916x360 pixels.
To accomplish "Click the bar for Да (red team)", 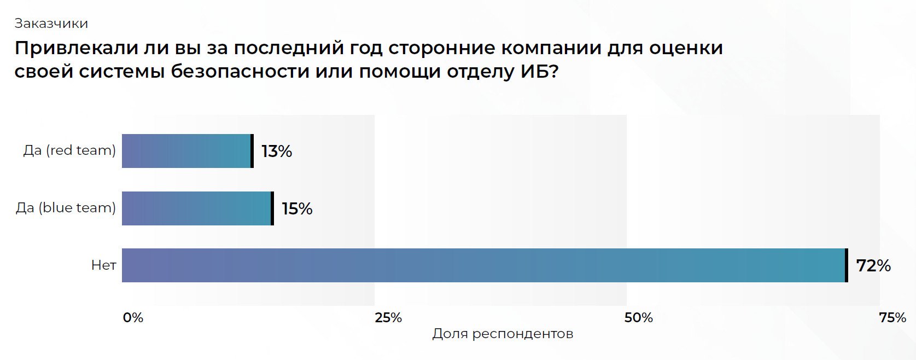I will click(x=186, y=151).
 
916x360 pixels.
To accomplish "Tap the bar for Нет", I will click(x=483, y=265).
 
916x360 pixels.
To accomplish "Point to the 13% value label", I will click(x=277, y=152).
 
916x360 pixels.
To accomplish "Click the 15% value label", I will click(x=297, y=209).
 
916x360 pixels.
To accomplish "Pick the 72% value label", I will click(x=873, y=266).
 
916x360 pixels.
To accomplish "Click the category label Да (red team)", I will click(x=69, y=150).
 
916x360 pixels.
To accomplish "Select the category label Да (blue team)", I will click(x=66, y=208).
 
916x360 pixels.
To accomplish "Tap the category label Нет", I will click(x=103, y=265).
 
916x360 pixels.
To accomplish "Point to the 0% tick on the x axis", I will click(x=133, y=318).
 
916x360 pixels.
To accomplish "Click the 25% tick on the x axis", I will click(x=388, y=318).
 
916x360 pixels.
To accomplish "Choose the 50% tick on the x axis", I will click(x=638, y=318).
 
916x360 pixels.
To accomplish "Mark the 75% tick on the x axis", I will click(x=892, y=318).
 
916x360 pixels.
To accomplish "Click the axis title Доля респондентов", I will click(x=503, y=334).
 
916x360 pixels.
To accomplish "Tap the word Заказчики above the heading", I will click(x=51, y=24).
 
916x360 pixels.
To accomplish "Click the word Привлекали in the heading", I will click(x=74, y=48).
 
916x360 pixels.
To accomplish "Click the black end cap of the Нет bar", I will click(x=847, y=265).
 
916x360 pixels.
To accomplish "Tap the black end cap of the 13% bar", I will click(x=252, y=151).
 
